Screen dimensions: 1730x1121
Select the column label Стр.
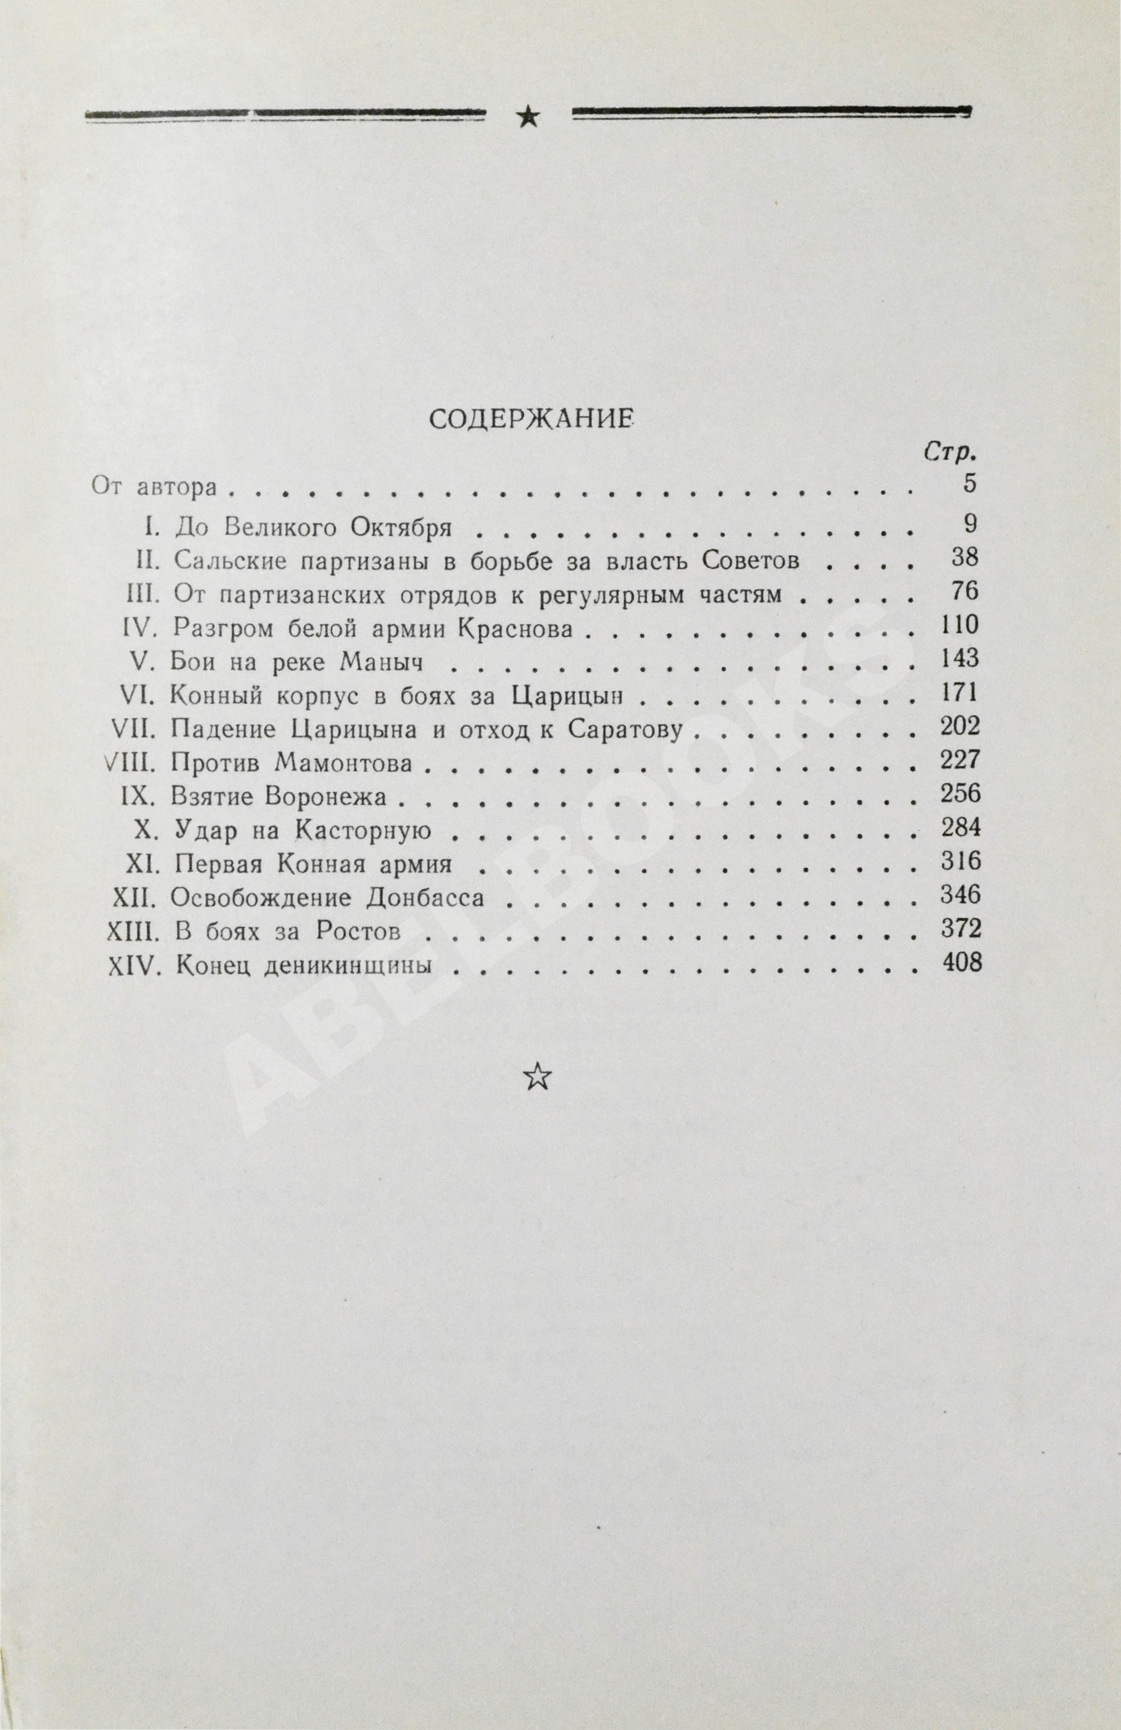coord(949,454)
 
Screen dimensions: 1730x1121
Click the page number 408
coord(961,964)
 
